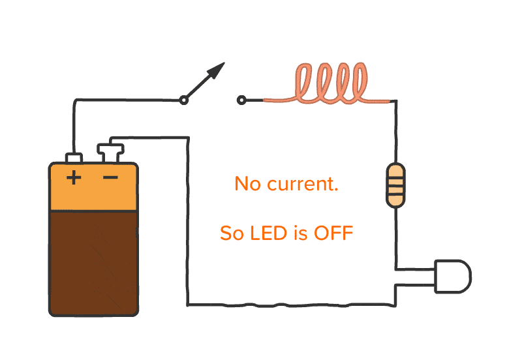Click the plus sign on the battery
pyautogui.click(x=74, y=177)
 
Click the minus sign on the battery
pyautogui.click(x=110, y=177)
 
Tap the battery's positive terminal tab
pyautogui.click(x=74, y=158)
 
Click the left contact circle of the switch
pyautogui.click(x=184, y=100)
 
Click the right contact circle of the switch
pyautogui.click(x=242, y=100)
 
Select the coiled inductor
pyautogui.click(x=330, y=85)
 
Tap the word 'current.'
pyautogui.click(x=303, y=185)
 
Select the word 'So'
pyautogui.click(x=232, y=233)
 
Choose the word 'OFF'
pyautogui.click(x=333, y=233)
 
